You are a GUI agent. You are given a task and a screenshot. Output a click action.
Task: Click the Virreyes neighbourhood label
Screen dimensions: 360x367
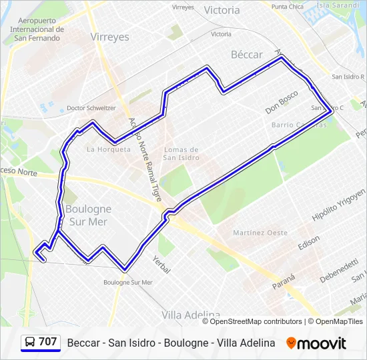(109, 37)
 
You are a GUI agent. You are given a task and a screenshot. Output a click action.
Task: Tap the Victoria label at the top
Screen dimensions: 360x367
(222, 10)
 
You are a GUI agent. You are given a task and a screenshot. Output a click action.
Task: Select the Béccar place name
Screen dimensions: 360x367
(247, 55)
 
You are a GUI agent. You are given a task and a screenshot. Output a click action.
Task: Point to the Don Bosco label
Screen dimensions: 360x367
(281, 102)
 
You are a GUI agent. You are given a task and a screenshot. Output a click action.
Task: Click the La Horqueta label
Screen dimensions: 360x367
(109, 149)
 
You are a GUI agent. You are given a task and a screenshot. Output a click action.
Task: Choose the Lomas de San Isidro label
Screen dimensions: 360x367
(181, 153)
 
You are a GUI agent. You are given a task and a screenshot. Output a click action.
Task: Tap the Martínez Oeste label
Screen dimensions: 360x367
(261, 233)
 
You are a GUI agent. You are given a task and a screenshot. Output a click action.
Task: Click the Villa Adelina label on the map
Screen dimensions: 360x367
(191, 314)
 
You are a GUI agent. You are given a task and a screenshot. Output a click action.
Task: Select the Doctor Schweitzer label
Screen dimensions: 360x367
(91, 108)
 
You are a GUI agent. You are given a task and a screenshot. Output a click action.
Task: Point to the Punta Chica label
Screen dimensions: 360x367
(288, 7)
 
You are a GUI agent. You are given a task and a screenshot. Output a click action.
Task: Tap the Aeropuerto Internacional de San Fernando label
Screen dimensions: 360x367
(37, 29)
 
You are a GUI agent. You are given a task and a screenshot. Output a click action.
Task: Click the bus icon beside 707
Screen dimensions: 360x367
(30, 342)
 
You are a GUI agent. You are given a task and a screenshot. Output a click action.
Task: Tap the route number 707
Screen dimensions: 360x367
(48, 342)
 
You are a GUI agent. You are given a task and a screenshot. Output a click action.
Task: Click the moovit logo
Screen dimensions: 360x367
(316, 343)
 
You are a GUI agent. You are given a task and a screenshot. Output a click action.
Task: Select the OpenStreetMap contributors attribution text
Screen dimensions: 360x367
(256, 321)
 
